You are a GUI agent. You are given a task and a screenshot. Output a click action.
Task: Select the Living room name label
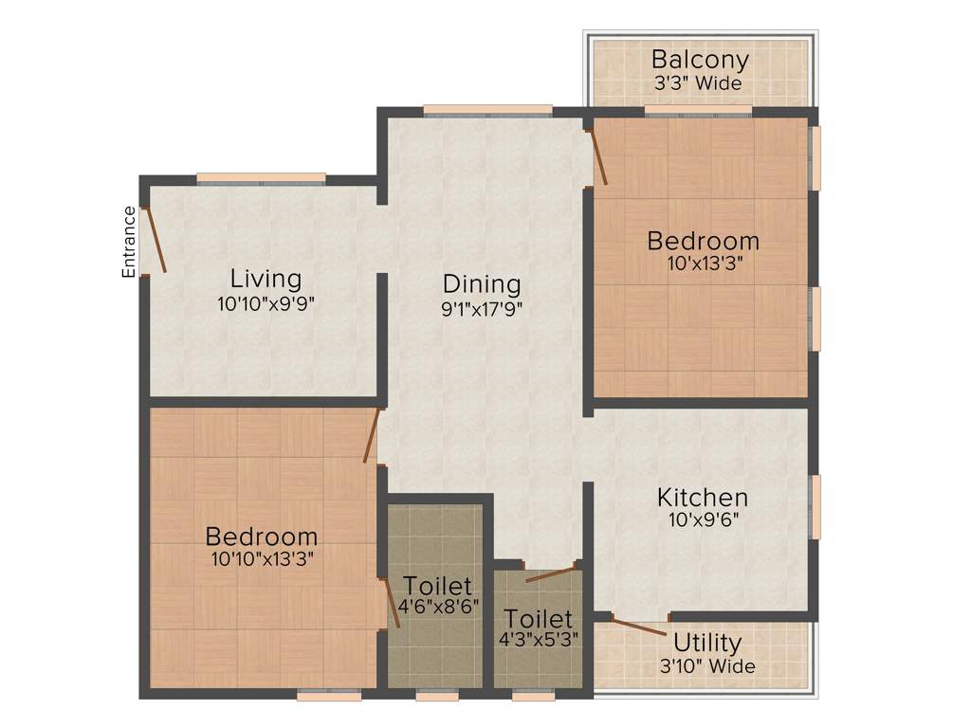266,279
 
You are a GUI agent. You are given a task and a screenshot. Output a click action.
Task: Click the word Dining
482,283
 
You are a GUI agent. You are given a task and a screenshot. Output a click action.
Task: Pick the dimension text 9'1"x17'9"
482,308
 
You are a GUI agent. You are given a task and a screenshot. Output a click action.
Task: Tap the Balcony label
700,60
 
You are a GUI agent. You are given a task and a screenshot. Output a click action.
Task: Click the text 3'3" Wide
700,83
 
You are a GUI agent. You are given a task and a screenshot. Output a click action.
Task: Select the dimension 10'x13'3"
703,264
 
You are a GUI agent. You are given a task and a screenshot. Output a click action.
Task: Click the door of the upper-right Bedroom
599,156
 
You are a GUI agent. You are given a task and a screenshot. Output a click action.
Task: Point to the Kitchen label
703,497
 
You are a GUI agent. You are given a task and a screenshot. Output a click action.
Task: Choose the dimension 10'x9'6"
703,520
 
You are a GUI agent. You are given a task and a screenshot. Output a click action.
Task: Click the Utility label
707,645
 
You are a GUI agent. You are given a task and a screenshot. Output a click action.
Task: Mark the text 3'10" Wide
707,666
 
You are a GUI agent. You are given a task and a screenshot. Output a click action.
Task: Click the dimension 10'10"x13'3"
262,559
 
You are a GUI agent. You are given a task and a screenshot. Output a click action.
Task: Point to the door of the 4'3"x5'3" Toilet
551,573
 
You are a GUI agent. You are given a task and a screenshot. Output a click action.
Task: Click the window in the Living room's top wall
261,178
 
